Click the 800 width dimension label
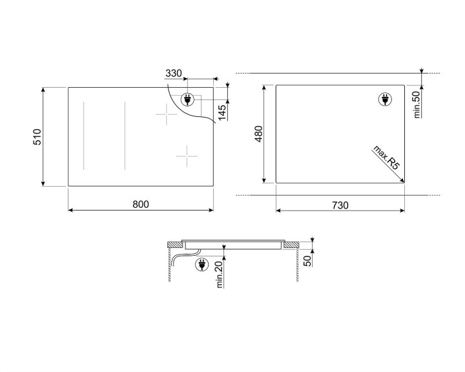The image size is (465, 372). point(141,204)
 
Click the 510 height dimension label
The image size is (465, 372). point(37,137)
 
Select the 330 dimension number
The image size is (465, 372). point(174,74)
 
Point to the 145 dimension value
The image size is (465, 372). point(222,112)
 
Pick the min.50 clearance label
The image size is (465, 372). point(417,104)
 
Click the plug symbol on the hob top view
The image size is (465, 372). point(188,99)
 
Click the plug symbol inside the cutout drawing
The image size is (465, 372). point(383,99)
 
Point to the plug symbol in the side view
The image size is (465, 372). point(200,264)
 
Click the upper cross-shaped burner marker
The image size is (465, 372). point(166,116)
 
